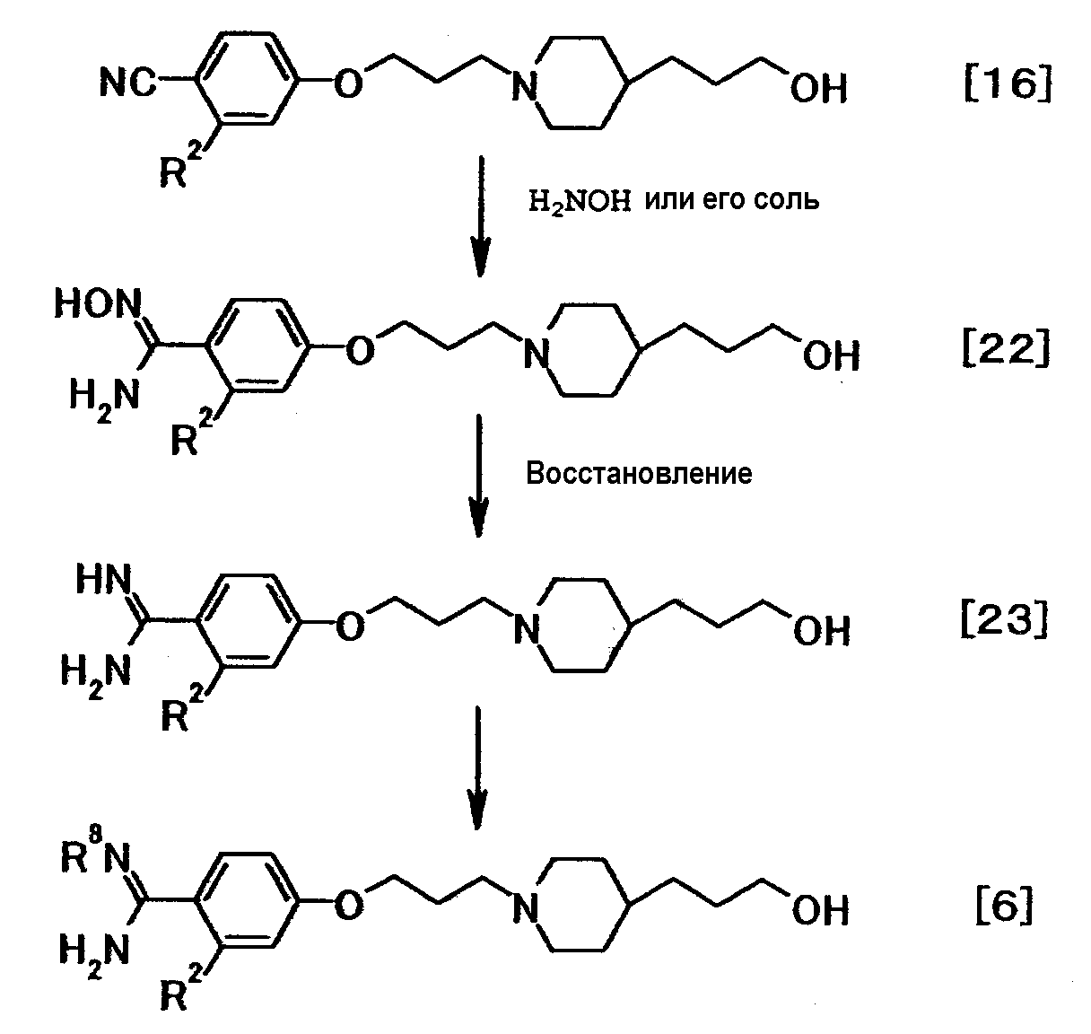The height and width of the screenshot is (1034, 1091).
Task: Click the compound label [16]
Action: pyautogui.click(x=1007, y=86)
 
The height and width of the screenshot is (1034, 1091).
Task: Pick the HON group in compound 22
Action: pyautogui.click(x=96, y=306)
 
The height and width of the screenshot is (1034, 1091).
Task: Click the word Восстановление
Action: pyautogui.click(x=639, y=473)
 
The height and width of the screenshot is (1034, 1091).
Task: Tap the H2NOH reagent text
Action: pyautogui.click(x=580, y=200)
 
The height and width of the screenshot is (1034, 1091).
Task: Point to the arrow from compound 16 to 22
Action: pyautogui.click(x=481, y=215)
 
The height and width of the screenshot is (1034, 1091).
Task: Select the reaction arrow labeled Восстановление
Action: pyautogui.click(x=480, y=476)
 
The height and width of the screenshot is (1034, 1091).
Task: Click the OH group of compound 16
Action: pyautogui.click(x=818, y=89)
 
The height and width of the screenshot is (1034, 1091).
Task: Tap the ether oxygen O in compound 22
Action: pyautogui.click(x=358, y=351)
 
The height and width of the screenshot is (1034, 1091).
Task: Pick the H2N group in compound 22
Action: pyautogui.click(x=104, y=396)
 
